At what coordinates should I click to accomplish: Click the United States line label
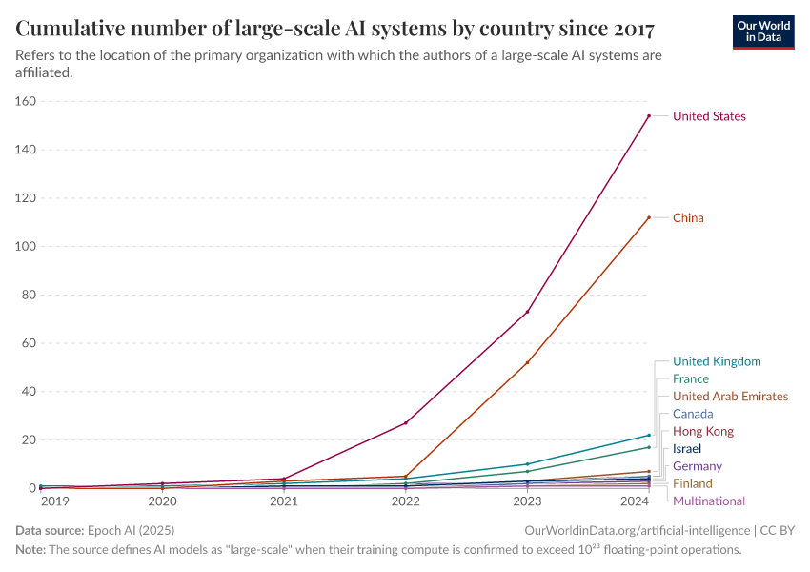click(x=709, y=116)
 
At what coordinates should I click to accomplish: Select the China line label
click(x=688, y=218)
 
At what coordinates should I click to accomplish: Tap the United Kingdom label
click(x=717, y=361)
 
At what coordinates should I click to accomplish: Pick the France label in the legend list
click(x=690, y=379)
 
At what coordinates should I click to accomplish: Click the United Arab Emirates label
click(x=730, y=397)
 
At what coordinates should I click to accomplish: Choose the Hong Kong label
click(x=702, y=432)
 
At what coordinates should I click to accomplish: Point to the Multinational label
click(x=708, y=501)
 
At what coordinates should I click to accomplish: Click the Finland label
click(x=692, y=484)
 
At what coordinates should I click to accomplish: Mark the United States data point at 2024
click(x=649, y=116)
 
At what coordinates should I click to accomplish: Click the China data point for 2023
click(x=527, y=362)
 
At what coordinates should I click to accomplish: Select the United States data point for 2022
click(x=406, y=423)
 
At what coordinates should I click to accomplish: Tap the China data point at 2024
click(x=649, y=217)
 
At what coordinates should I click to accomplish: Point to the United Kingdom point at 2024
click(x=649, y=435)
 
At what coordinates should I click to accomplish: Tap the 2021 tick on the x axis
click(x=284, y=500)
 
